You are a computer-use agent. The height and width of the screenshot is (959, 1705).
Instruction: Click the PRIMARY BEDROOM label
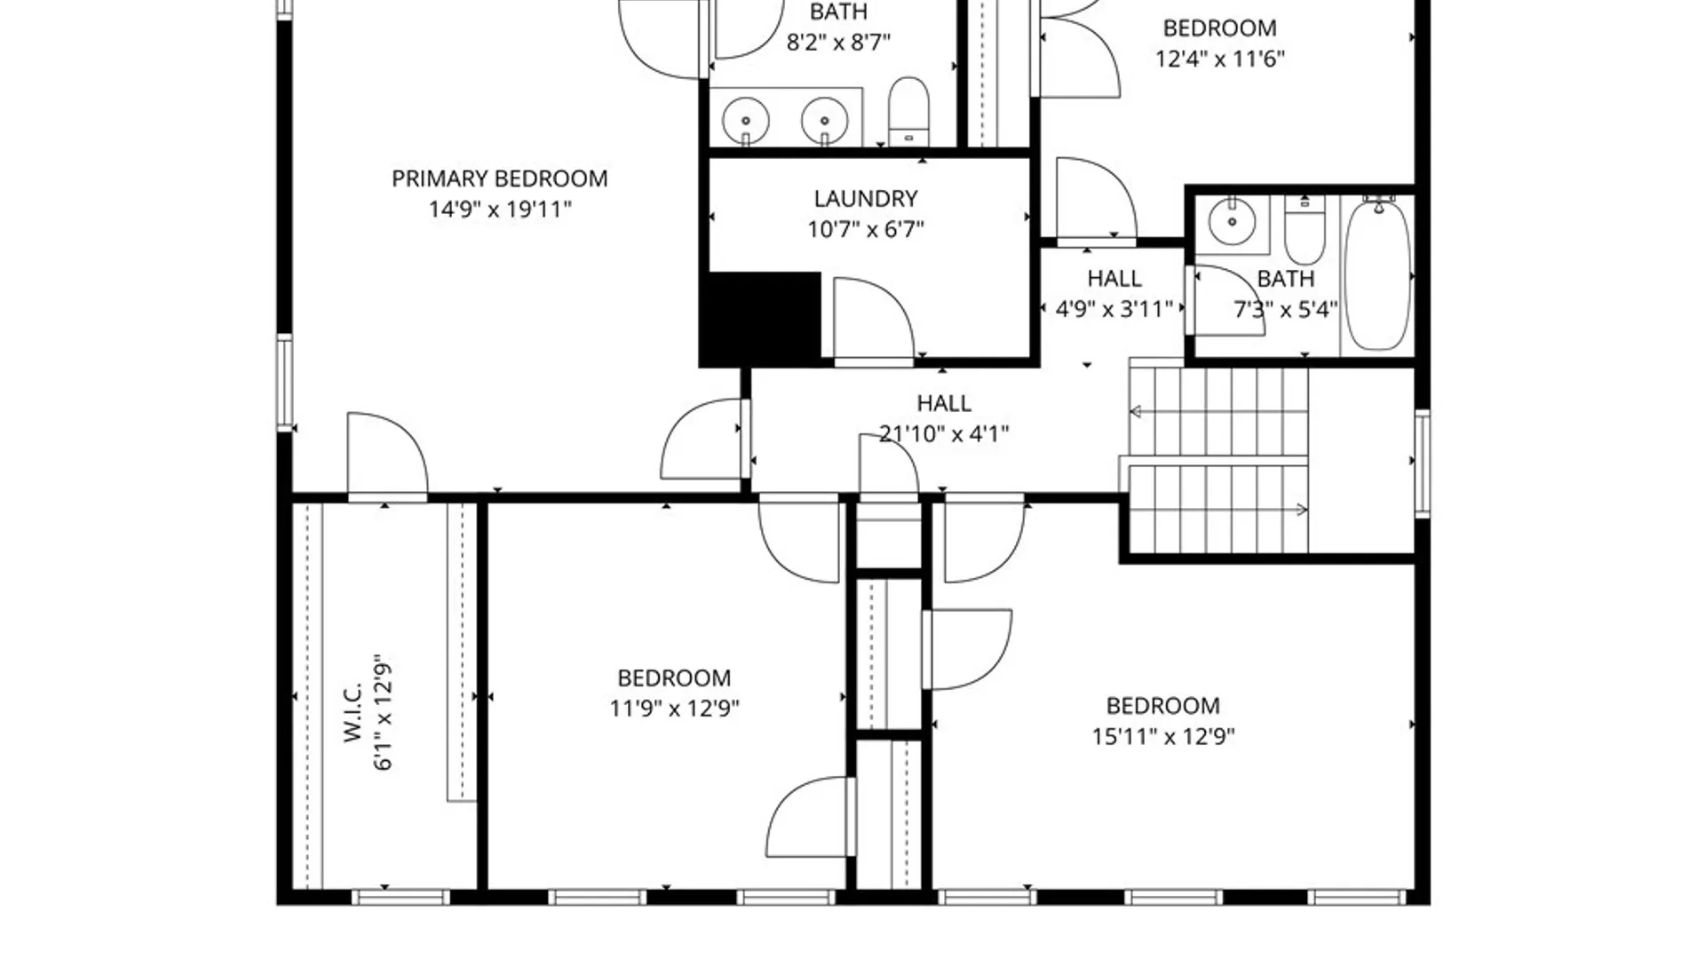click(x=499, y=178)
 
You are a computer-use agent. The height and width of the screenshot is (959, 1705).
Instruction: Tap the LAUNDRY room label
click(x=865, y=198)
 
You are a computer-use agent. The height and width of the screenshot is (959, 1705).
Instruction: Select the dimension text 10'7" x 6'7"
click(x=865, y=229)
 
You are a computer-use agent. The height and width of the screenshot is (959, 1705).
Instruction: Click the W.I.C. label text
click(x=353, y=712)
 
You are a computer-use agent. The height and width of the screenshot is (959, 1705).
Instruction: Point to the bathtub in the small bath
click(x=1377, y=275)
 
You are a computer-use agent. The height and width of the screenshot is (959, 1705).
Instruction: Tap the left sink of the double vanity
click(x=745, y=119)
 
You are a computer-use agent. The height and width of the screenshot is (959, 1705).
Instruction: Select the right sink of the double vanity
click(x=824, y=119)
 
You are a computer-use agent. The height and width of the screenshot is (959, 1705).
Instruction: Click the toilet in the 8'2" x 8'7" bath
click(x=908, y=110)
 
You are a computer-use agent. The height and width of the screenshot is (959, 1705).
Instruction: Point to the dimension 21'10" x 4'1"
click(x=943, y=433)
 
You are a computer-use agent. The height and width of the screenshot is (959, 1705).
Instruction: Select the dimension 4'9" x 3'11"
click(x=1114, y=309)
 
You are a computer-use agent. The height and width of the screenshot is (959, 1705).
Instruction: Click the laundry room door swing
click(x=872, y=320)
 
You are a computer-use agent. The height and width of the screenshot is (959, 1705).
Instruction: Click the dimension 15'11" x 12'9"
click(x=1162, y=736)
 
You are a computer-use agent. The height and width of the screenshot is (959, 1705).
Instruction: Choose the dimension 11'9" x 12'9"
click(x=674, y=708)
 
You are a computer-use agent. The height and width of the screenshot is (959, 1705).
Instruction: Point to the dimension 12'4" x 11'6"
click(x=1219, y=59)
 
